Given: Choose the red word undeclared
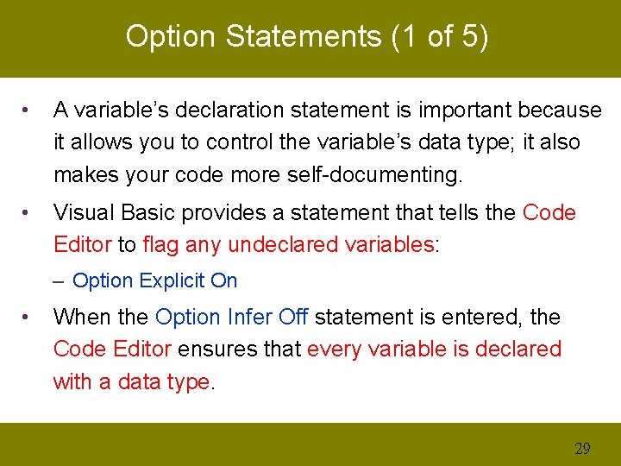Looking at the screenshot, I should click(281, 245).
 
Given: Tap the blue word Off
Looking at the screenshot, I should click(293, 318).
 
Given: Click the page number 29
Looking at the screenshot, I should click(582, 448).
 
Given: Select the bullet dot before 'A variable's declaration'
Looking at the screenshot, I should click(28, 110).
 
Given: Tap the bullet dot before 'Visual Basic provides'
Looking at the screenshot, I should click(28, 212).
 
